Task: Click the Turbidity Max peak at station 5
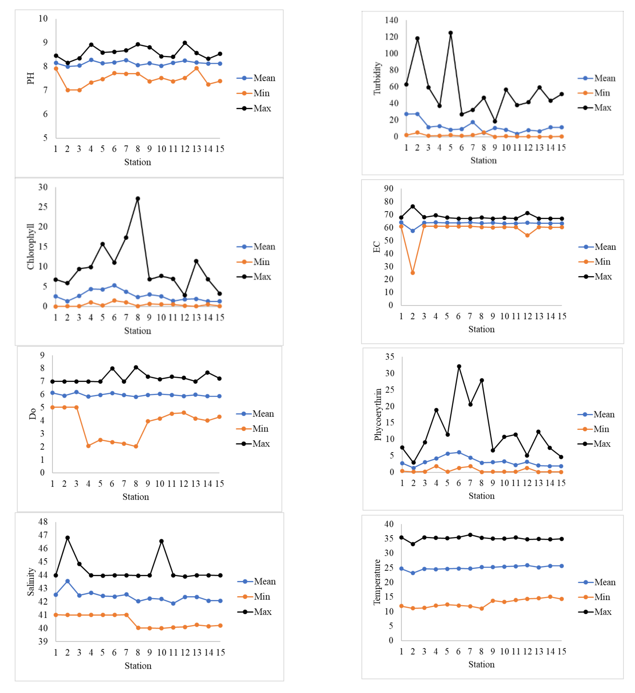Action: point(451,33)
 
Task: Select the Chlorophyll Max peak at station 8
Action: point(138,199)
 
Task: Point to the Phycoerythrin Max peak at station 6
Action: point(459,367)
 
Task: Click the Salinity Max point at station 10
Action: point(162,541)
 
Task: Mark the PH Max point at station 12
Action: point(185,43)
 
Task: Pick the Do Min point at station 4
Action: point(88,446)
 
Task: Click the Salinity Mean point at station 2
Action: point(68,581)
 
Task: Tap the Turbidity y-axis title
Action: point(377,78)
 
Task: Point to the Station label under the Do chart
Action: point(136,497)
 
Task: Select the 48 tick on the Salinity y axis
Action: point(43,522)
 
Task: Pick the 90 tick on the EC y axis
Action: point(389,188)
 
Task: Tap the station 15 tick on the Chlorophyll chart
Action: point(220,317)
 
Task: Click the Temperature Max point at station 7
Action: point(470,535)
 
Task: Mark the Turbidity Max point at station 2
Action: point(417,39)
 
